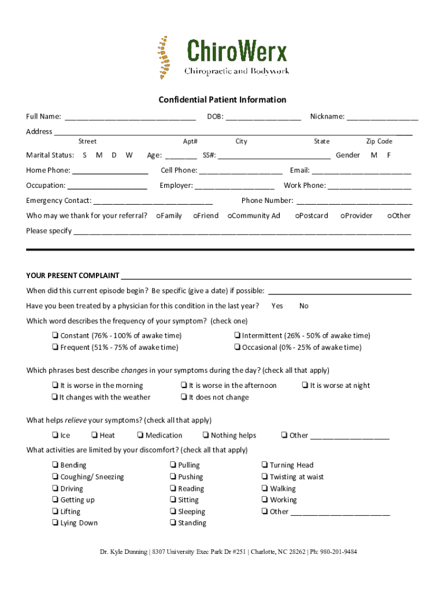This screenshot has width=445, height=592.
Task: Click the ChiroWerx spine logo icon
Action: pyautogui.click(x=165, y=57)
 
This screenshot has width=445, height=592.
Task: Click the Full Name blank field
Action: pyautogui.click(x=129, y=117)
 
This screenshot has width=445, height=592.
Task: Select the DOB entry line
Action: pyautogui.click(x=263, y=117)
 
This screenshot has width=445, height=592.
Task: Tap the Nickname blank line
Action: pyautogui.click(x=382, y=117)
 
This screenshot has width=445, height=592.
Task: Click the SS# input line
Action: pyautogui.click(x=275, y=156)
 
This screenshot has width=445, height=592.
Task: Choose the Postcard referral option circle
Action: pyautogui.click(x=296, y=216)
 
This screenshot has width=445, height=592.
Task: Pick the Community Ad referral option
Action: pyautogui.click(x=229, y=216)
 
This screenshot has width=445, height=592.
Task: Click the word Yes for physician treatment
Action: pyautogui.click(x=277, y=306)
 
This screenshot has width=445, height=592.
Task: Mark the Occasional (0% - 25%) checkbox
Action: pyautogui.click(x=237, y=347)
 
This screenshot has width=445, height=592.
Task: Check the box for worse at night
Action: pyautogui.click(x=305, y=386)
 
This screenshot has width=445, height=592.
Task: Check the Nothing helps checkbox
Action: pyautogui.click(x=206, y=435)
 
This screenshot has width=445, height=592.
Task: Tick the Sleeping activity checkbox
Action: pyautogui.click(x=173, y=512)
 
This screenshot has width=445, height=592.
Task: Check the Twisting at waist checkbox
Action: pyautogui.click(x=264, y=477)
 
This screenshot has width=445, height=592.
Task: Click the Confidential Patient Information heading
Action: pyautogui.click(x=222, y=100)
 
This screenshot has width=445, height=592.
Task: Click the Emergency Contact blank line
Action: pyautogui.click(x=153, y=202)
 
